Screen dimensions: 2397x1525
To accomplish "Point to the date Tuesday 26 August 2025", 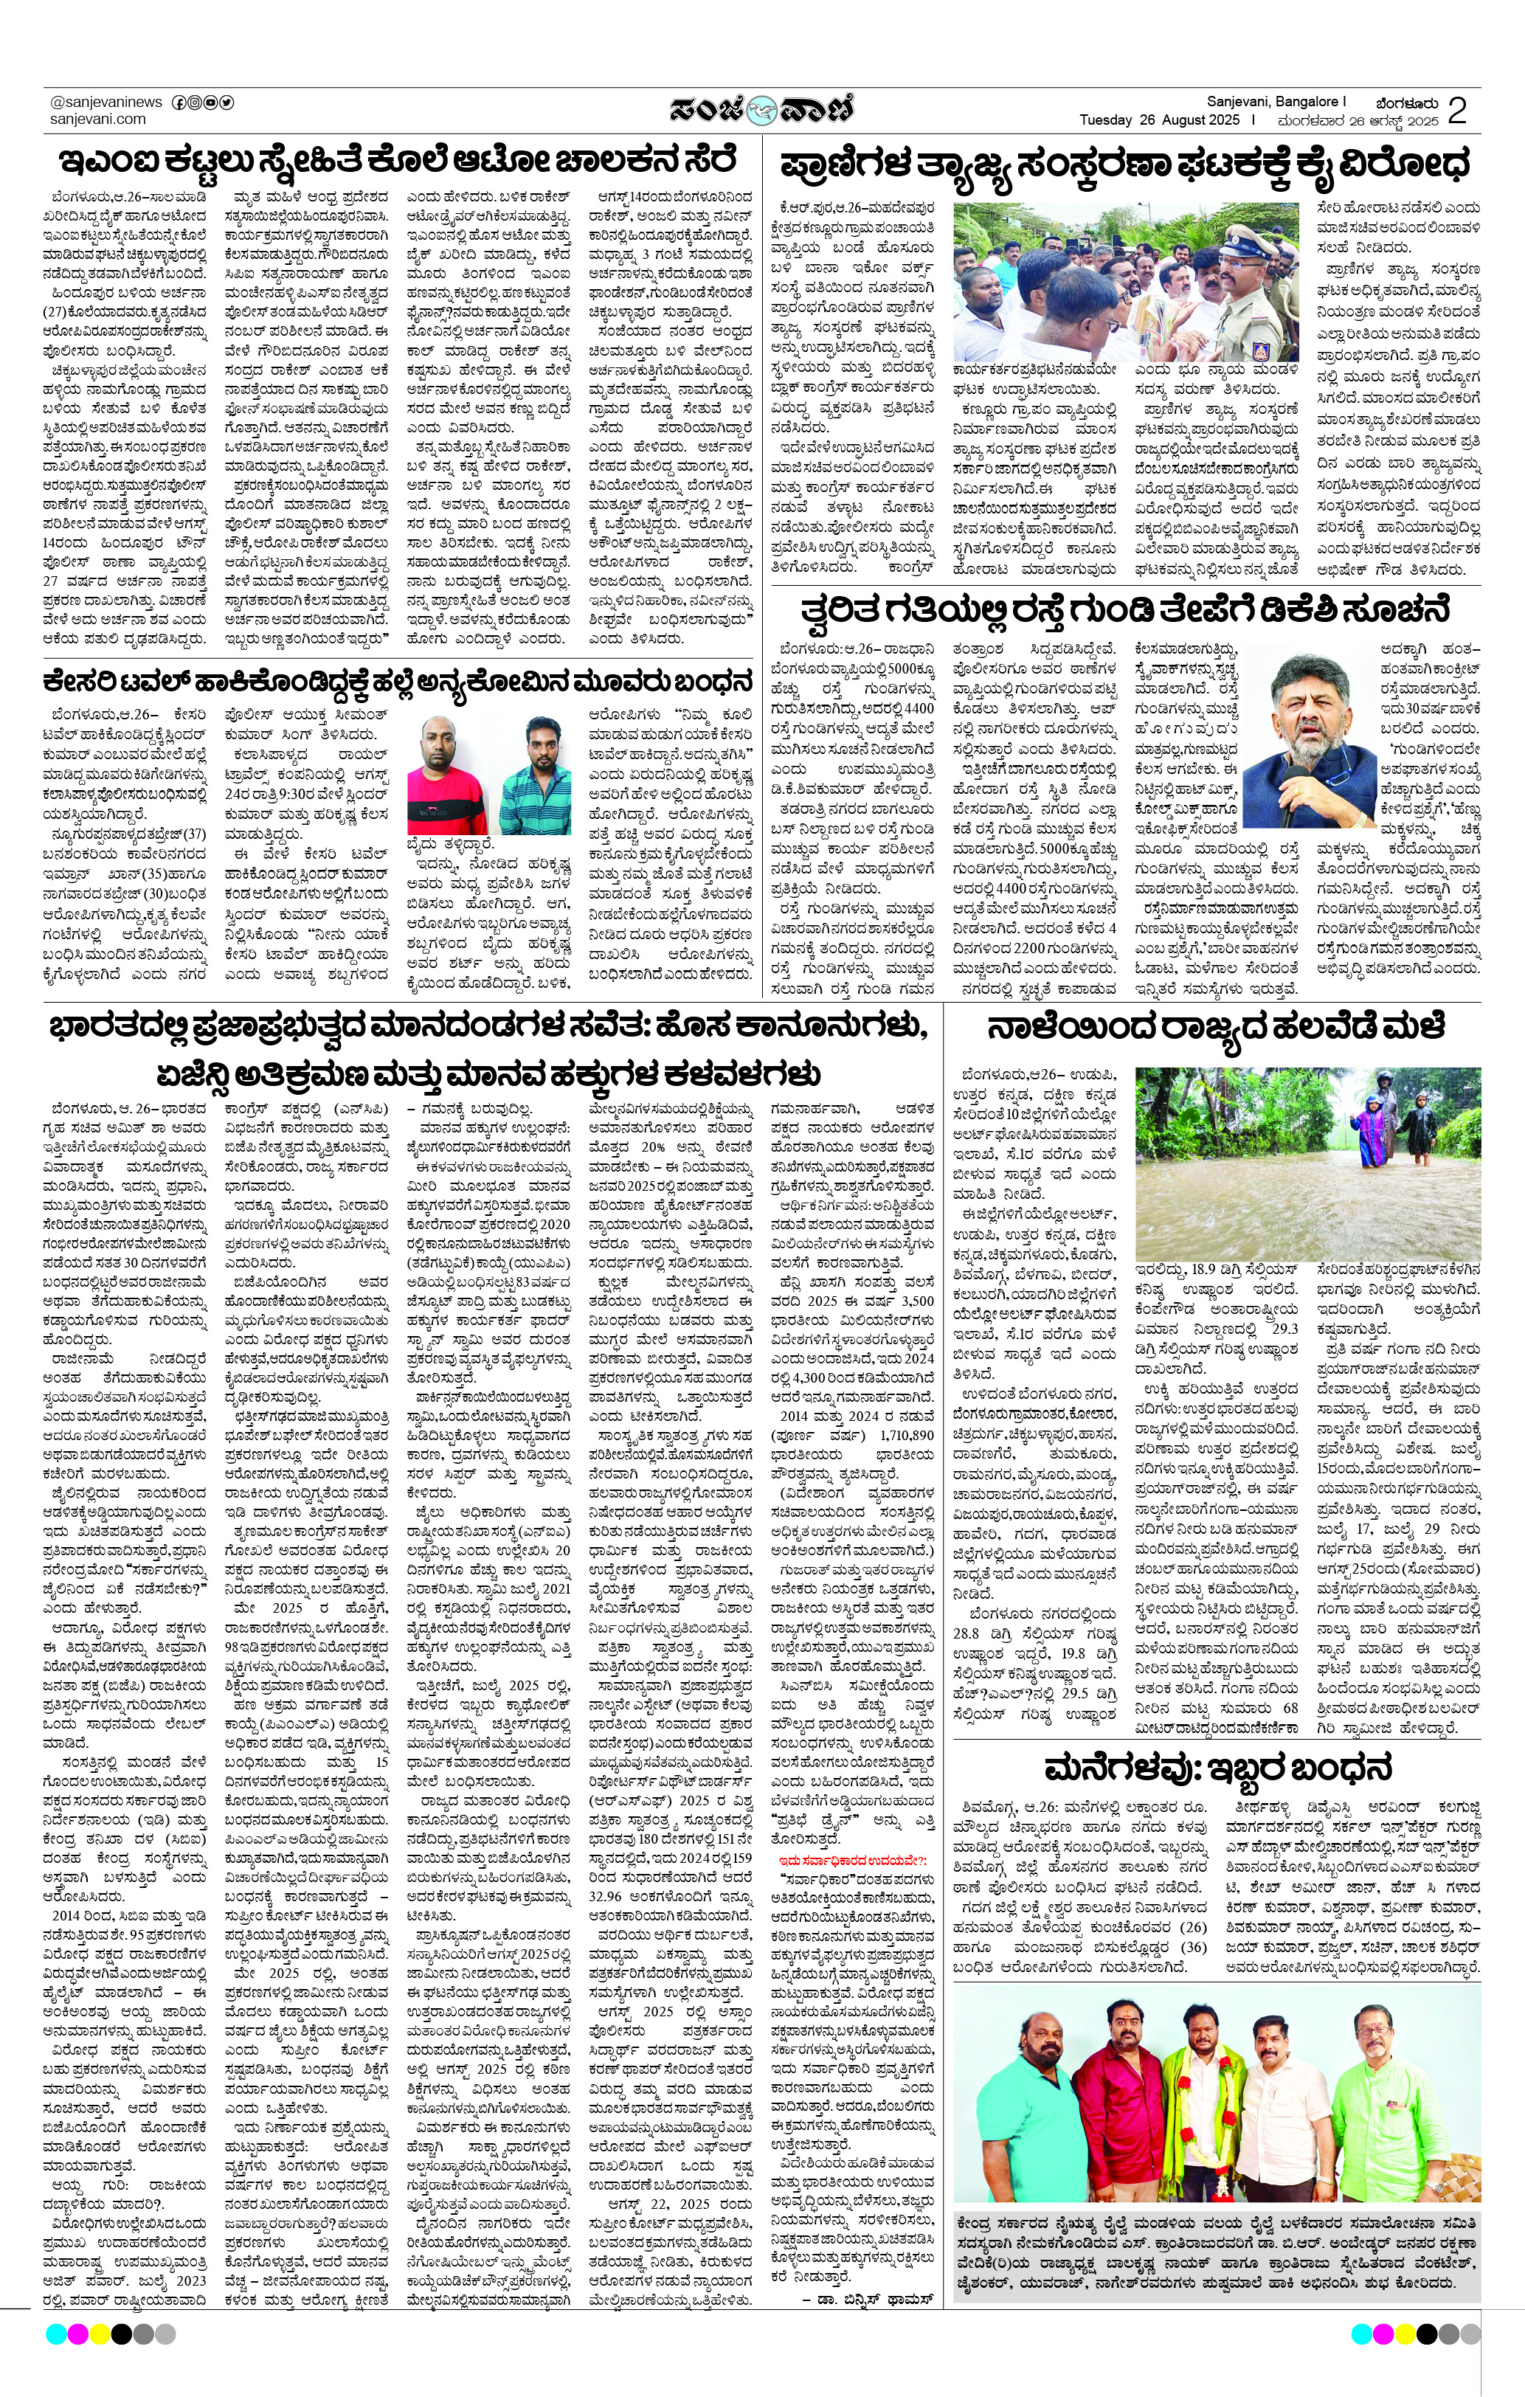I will click(x=1160, y=120).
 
